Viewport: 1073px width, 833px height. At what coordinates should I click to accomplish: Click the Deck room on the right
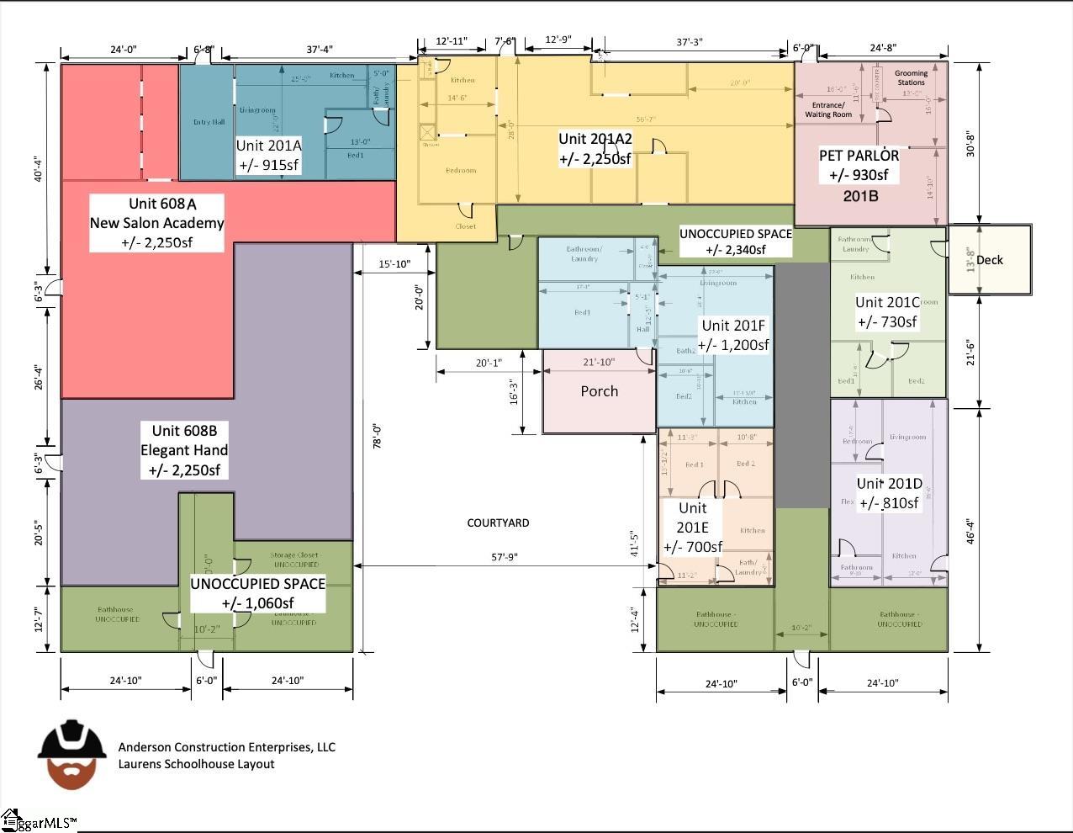990,260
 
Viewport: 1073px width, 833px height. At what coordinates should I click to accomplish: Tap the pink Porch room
599,391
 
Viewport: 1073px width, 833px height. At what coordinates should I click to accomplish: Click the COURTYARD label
498,523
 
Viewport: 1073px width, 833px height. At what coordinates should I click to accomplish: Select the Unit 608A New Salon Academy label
157,223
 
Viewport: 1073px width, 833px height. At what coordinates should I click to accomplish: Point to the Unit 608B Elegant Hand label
184,450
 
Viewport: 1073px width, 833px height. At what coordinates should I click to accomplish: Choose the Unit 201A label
269,155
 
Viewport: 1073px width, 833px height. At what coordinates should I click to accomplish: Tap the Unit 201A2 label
595,149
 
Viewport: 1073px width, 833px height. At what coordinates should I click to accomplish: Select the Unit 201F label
735,335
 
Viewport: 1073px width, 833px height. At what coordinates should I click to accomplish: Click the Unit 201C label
887,312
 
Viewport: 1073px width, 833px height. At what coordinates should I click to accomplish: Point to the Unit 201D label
889,493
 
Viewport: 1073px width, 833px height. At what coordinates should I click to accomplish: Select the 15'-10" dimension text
394,264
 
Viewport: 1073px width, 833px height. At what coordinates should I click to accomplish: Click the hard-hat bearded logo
71,754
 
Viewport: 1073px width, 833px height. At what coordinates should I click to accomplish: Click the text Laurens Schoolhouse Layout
196,764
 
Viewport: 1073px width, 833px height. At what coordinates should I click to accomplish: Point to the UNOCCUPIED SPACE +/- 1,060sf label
257,593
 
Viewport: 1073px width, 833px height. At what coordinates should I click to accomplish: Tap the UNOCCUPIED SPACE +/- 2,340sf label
736,241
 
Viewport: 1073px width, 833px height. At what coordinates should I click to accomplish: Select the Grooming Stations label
911,77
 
